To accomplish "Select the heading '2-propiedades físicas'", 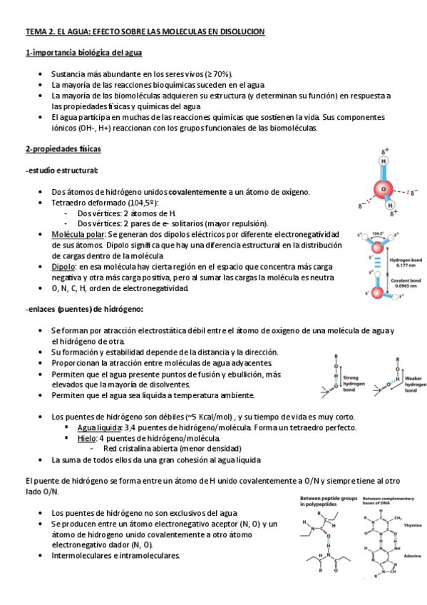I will (63, 149).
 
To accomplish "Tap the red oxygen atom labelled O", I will (384, 190).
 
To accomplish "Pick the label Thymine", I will (413, 524).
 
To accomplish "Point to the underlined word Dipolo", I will (63, 266).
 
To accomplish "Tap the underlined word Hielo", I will (87, 437).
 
